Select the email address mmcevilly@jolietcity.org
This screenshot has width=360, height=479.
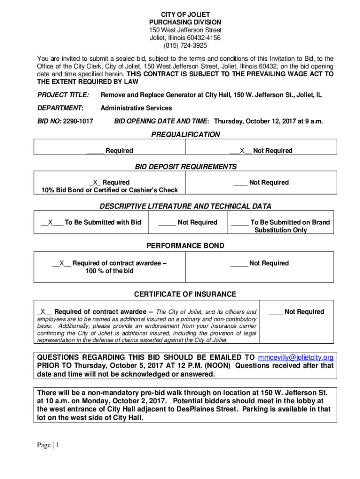tap(295, 357)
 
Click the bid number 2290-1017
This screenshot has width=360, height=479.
tap(77, 121)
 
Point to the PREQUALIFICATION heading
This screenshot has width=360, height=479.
tap(185, 135)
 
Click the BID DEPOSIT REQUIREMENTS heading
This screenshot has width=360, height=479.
tap(186, 167)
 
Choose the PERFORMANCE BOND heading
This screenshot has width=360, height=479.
tap(185, 246)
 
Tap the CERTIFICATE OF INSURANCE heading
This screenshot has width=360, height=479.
tap(185, 294)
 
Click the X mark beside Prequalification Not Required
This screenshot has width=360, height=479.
tap(242, 151)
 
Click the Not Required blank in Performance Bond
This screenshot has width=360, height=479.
tap(238, 263)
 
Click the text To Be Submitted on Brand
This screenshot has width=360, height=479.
tap(290, 222)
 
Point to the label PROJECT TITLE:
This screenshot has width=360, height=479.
tap(63, 95)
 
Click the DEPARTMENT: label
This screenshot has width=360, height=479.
tap(60, 108)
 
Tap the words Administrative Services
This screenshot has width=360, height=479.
tap(136, 108)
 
